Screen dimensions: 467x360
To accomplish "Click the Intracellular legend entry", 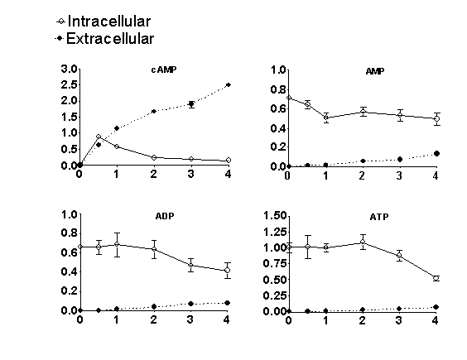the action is [x=104, y=22].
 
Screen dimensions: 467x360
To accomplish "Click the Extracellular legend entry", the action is [x=104, y=39].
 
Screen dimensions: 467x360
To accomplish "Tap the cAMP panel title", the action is [x=164, y=70].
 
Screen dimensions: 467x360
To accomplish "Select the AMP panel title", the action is [x=375, y=71].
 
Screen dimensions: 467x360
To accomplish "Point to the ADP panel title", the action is [x=165, y=216].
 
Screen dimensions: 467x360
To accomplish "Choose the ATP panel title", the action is [x=379, y=217].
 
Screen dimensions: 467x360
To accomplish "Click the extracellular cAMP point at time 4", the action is [x=229, y=85].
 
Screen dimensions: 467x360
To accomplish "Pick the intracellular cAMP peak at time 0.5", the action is [x=99, y=137].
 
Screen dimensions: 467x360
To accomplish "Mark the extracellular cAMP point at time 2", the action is [x=154, y=112].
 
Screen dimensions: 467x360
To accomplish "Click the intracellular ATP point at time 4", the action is [x=436, y=278].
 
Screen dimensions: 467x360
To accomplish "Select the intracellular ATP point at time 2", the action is [x=363, y=242].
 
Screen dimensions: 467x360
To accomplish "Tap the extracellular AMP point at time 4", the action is [x=436, y=154].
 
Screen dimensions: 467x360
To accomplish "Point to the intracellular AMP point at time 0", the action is [x=289, y=98].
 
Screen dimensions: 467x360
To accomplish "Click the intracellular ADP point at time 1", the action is [x=117, y=244].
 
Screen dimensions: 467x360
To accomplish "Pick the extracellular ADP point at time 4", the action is [x=227, y=303].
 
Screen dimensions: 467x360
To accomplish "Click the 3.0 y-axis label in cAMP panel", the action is [x=69, y=69].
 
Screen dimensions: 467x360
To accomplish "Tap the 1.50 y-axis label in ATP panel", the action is [x=275, y=215].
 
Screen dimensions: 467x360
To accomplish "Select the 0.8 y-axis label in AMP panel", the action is [x=278, y=89].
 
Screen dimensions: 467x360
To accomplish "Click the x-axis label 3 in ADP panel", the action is [x=190, y=319].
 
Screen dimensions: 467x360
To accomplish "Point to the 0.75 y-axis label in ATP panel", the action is [x=275, y=263].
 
